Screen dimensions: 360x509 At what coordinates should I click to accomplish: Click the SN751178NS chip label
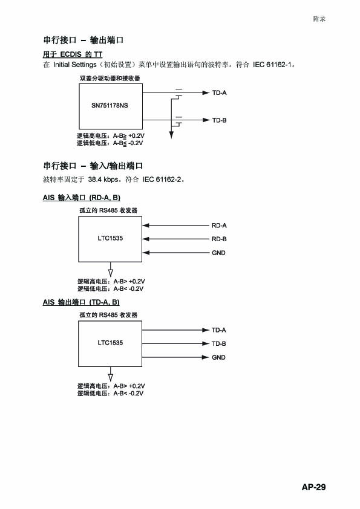coord(110,106)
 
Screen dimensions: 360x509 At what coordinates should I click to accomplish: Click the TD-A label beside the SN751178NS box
coord(219,93)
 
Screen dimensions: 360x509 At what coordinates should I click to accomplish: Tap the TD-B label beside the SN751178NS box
coord(219,120)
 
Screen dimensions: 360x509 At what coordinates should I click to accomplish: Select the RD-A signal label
coord(219,225)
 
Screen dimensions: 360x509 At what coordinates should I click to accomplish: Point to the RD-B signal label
coord(219,239)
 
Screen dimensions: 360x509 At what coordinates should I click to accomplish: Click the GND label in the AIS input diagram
coord(218,253)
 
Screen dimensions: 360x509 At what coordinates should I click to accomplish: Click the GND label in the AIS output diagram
coord(218,357)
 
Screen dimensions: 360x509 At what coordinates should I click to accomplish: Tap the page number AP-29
coord(313,487)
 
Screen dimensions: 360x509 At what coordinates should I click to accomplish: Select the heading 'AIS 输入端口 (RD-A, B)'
coord(82,197)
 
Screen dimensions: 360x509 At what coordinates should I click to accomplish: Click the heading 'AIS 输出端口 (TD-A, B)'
coord(81,302)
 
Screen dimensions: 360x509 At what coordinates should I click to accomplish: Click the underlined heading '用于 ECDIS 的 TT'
coord(73,54)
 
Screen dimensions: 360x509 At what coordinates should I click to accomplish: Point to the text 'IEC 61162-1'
coord(272,65)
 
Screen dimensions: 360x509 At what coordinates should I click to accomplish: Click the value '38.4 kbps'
coord(103,180)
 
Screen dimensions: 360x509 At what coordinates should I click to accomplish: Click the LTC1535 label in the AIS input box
coord(110,238)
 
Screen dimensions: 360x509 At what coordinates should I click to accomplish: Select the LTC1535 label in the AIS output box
coord(110,343)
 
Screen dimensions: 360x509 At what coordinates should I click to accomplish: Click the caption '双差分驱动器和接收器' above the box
coord(110,78)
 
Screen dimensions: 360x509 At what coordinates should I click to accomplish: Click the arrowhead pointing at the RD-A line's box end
coord(146,225)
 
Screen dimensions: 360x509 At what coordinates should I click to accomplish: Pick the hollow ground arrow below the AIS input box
coord(111,273)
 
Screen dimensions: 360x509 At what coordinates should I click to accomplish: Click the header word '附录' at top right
coord(319,19)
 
